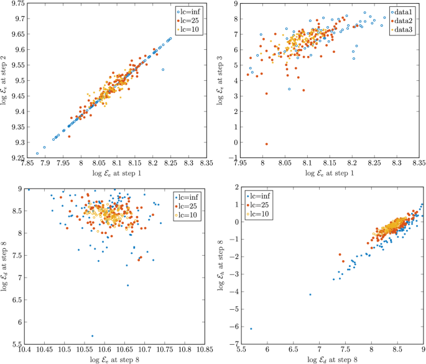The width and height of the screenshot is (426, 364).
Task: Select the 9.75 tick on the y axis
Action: point(17,4)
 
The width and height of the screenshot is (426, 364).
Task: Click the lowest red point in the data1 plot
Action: point(267,144)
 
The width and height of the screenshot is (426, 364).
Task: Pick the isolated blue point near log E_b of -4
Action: point(310,294)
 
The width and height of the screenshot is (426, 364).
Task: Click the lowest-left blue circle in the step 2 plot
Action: point(37,152)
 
